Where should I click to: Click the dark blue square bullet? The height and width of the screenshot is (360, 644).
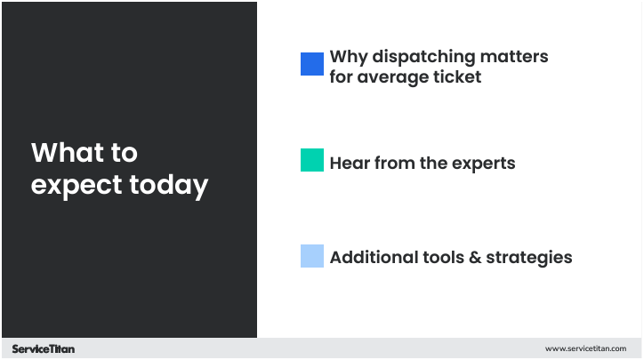click(311, 64)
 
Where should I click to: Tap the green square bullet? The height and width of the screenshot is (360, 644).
click(311, 161)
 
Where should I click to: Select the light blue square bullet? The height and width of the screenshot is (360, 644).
click(311, 257)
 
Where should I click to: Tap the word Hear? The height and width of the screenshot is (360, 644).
click(348, 164)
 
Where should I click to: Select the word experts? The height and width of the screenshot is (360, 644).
click(482, 164)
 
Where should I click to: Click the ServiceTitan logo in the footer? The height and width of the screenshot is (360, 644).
click(44, 349)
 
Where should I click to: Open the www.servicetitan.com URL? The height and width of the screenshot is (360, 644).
click(585, 349)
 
